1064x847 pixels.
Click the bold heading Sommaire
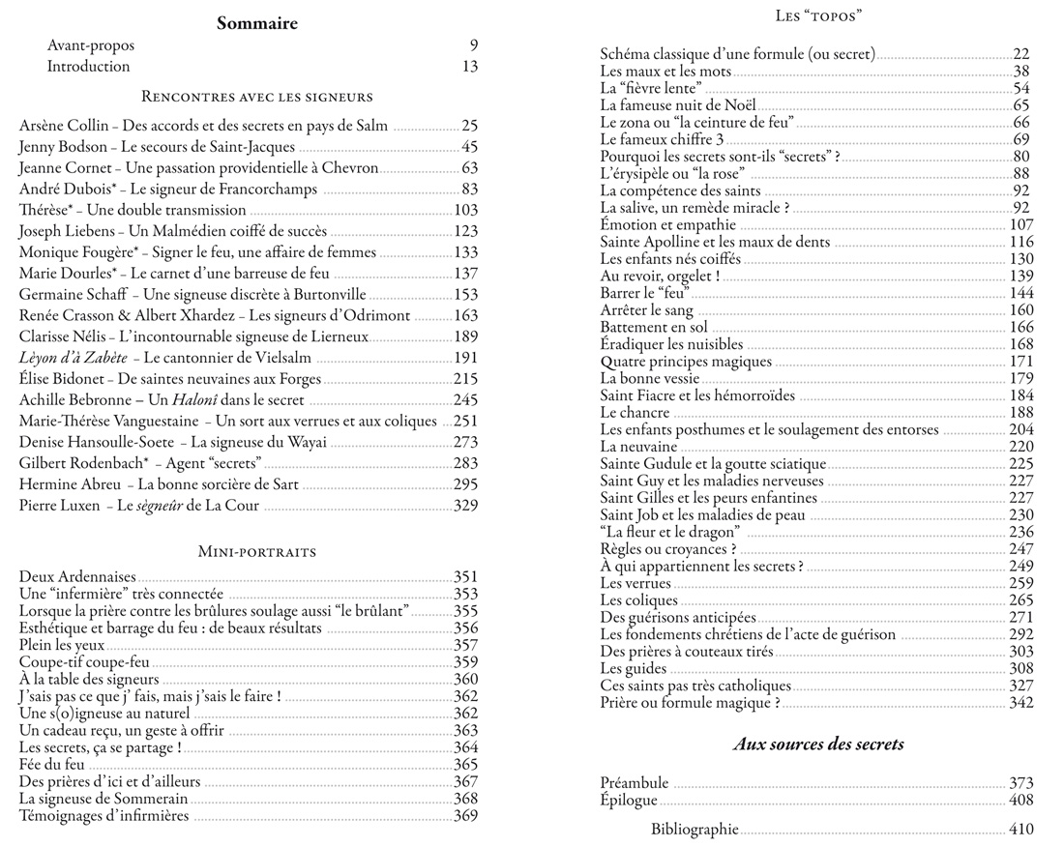(x=256, y=23)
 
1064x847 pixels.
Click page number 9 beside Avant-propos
(x=473, y=45)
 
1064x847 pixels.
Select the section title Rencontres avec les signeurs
(x=257, y=97)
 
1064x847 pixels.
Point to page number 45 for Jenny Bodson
(x=470, y=147)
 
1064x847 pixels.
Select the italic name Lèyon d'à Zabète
(x=72, y=358)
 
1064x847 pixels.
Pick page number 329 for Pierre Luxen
(x=465, y=506)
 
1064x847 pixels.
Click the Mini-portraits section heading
(x=257, y=552)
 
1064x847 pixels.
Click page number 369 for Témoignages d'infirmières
(x=465, y=817)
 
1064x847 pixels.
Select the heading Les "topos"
(x=818, y=16)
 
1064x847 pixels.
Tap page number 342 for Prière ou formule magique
(x=1020, y=703)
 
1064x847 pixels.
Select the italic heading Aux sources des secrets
(x=818, y=744)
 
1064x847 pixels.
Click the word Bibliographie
(x=695, y=829)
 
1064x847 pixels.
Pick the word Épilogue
(x=629, y=801)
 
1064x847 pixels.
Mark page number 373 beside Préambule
(x=1020, y=783)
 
